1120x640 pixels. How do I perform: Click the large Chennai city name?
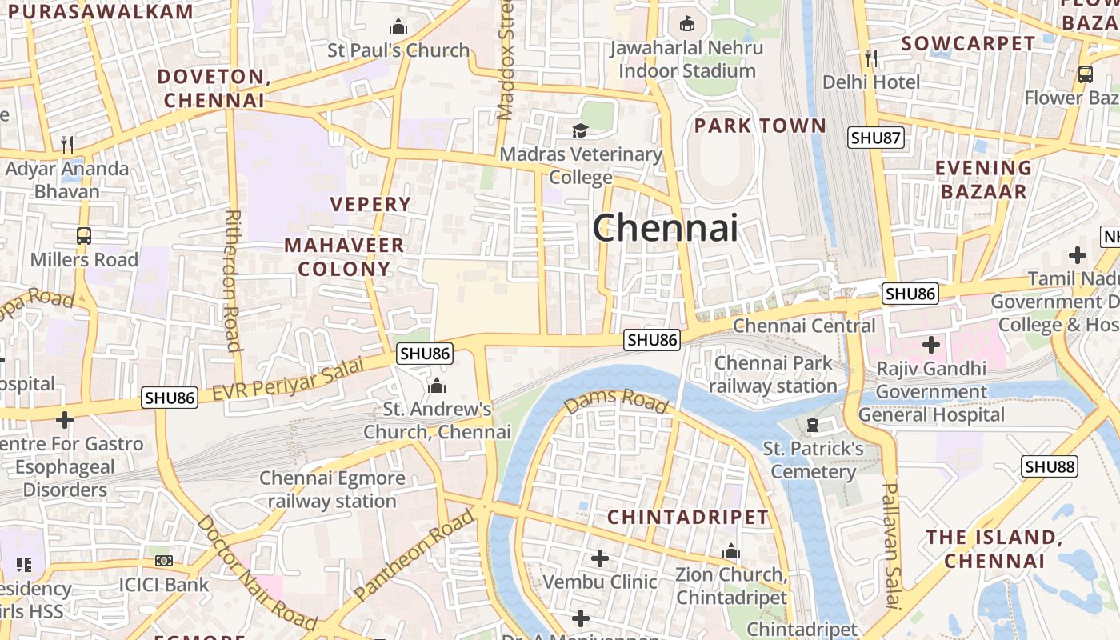click(x=665, y=229)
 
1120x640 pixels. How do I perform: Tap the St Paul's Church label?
click(x=398, y=50)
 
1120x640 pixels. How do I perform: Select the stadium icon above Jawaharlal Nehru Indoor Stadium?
click(x=686, y=24)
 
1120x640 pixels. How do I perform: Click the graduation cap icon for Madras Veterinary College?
click(x=580, y=130)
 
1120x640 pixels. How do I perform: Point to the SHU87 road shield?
click(x=876, y=138)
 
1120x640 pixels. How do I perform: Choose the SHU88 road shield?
click(x=1049, y=466)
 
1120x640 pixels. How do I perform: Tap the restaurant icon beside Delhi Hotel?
click(x=871, y=58)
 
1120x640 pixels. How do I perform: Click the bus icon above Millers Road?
click(x=84, y=236)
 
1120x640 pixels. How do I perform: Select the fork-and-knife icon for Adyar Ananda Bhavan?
click(x=67, y=145)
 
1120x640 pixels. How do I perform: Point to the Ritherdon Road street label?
click(x=233, y=280)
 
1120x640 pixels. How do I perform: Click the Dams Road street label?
click(x=615, y=402)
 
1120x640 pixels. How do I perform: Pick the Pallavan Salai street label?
click(x=892, y=545)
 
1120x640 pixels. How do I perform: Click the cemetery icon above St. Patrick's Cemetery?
click(x=813, y=424)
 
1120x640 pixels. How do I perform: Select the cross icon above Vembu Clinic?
click(x=599, y=558)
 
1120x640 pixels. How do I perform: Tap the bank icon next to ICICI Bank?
click(x=164, y=561)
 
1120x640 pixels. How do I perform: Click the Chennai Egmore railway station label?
click(x=332, y=490)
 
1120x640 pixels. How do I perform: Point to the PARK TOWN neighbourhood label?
click(x=760, y=126)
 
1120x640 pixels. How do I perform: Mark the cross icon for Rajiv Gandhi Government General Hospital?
click(x=930, y=346)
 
